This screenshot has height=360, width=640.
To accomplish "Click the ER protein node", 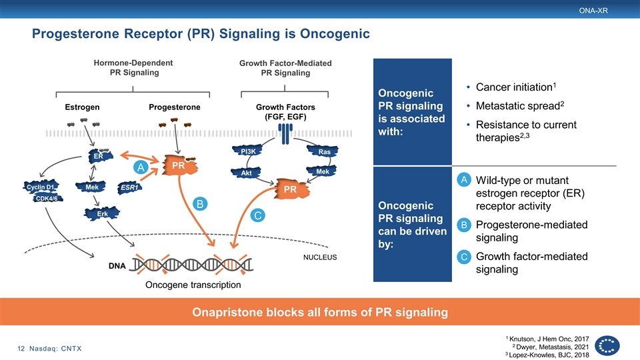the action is [x=100, y=156].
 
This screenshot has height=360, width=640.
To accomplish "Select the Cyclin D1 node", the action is [x=41, y=187].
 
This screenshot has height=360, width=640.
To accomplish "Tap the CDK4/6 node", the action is [x=47, y=199].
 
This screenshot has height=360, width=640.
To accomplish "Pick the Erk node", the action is [x=102, y=213].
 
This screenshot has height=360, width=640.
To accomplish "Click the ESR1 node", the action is [x=129, y=187].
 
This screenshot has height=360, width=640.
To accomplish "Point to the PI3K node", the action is [x=247, y=151].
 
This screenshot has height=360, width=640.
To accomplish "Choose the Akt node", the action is [x=246, y=173].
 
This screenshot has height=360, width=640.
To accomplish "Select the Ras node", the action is [x=323, y=151].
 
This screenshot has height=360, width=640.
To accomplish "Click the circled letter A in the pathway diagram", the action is [x=141, y=167].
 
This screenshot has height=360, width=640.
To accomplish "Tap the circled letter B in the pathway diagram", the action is [x=200, y=204].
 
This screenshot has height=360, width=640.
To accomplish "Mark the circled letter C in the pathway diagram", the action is [x=257, y=215].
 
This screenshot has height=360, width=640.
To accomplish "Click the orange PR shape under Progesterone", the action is [x=179, y=165].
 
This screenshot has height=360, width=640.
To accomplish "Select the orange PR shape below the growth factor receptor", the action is [x=291, y=189].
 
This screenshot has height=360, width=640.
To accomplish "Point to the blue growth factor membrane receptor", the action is [x=285, y=134].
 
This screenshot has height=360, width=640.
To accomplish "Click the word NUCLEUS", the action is [x=320, y=257].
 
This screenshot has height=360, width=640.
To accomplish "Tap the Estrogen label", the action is [x=82, y=107].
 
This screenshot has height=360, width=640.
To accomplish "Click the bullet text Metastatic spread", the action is [x=518, y=106].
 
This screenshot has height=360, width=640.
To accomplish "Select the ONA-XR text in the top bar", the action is [x=593, y=11].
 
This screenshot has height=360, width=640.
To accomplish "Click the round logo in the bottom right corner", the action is [x=607, y=346].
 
